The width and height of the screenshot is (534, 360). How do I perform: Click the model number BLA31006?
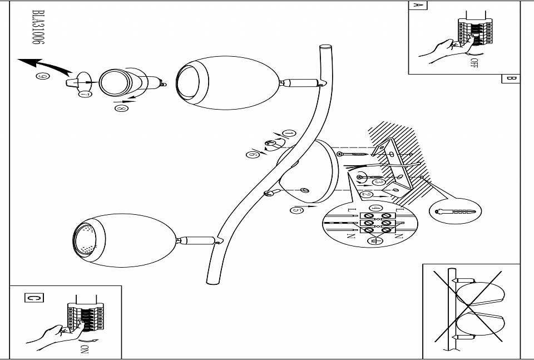pyautogui.click(x=38, y=30)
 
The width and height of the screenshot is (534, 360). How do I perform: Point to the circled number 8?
pyautogui.click(x=120, y=109)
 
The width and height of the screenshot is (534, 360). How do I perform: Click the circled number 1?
pyautogui.click(x=289, y=134)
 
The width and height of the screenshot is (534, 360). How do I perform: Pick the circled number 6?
pyautogui.click(x=254, y=155)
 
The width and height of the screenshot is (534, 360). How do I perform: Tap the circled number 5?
pyautogui.click(x=297, y=210)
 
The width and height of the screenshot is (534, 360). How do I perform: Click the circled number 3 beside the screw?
pyautogui.click(x=379, y=181)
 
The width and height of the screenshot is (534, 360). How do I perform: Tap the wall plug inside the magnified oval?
pyautogui.click(x=456, y=212)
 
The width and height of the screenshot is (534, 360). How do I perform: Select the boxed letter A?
pyautogui.click(x=417, y=6)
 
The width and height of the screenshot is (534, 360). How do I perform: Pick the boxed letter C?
pyautogui.click(x=33, y=298)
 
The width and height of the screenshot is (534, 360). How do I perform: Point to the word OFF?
pyautogui.click(x=474, y=62)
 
